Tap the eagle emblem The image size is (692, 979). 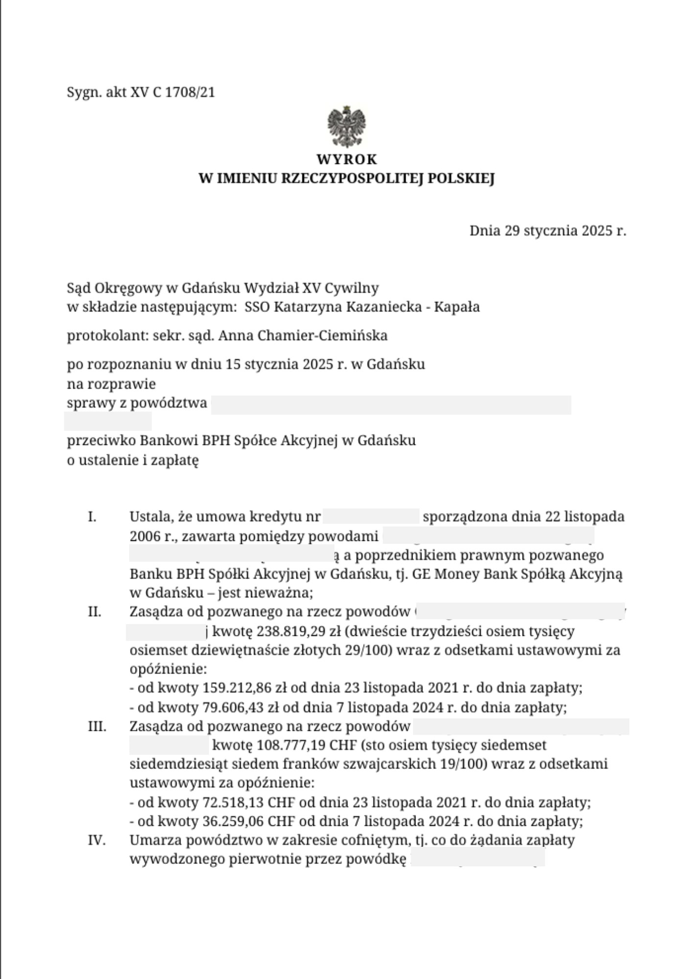[346, 126]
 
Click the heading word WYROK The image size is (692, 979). [346, 160]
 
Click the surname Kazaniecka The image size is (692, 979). [383, 307]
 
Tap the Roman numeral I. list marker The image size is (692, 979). [92, 517]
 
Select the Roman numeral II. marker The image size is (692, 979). [94, 612]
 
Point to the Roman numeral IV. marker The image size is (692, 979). [97, 840]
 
